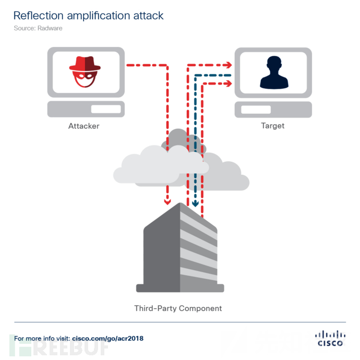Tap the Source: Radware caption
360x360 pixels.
(38, 28)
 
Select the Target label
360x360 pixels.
(272, 126)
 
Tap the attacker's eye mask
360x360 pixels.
(85, 75)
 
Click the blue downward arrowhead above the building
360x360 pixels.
(196, 203)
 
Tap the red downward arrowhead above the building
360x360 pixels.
(167, 201)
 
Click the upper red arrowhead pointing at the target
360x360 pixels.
(228, 65)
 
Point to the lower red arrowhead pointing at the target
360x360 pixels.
(228, 83)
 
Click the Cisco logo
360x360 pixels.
(330, 338)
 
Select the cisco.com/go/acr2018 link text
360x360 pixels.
(107, 338)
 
